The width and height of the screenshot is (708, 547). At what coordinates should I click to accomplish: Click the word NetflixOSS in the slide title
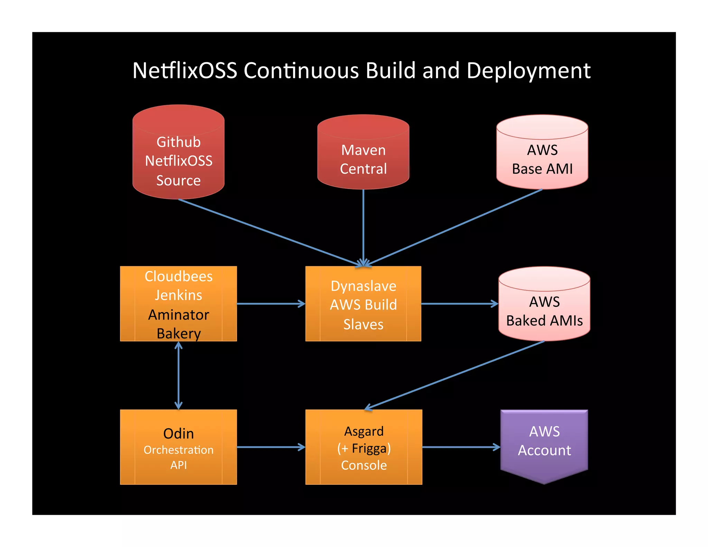(185, 71)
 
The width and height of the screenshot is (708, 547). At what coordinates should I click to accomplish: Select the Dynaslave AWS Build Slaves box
(363, 304)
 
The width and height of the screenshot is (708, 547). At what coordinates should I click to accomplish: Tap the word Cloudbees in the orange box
(178, 276)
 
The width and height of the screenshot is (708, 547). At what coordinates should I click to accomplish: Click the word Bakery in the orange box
(178, 333)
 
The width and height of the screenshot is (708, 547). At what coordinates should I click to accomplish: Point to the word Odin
(178, 434)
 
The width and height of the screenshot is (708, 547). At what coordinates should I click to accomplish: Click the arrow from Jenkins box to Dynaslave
(271, 304)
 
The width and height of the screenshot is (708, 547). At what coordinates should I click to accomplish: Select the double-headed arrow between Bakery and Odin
(178, 376)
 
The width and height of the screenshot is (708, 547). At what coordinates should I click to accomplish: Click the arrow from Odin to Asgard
(271, 447)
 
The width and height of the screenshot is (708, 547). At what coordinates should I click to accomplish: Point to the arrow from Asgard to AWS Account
(461, 447)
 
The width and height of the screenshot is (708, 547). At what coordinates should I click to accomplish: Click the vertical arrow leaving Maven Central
(363, 225)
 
